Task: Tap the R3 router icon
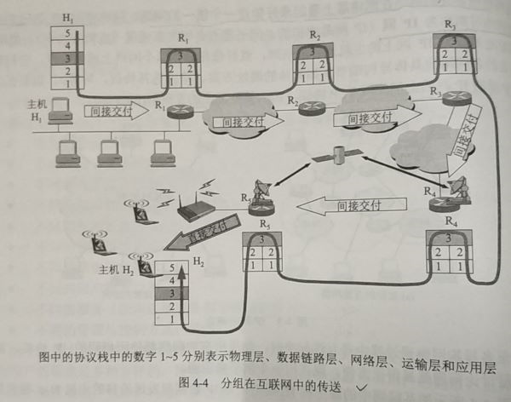click(445, 96)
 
